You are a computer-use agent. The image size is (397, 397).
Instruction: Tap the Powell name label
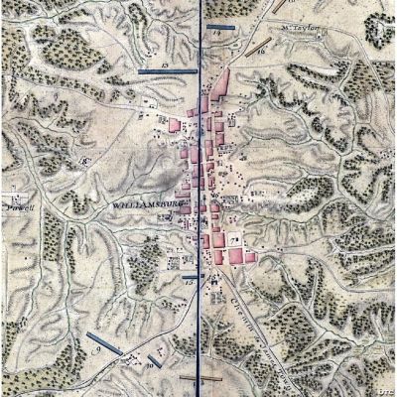[x=19, y=209]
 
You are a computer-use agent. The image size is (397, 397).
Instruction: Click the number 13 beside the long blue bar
[x=165, y=64]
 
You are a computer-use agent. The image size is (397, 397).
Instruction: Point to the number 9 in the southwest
[x=97, y=350]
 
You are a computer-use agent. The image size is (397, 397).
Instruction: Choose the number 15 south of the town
[x=190, y=284]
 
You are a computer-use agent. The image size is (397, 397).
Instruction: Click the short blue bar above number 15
[x=191, y=277]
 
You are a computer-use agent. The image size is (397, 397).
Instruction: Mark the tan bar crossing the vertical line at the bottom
[x=201, y=378]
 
